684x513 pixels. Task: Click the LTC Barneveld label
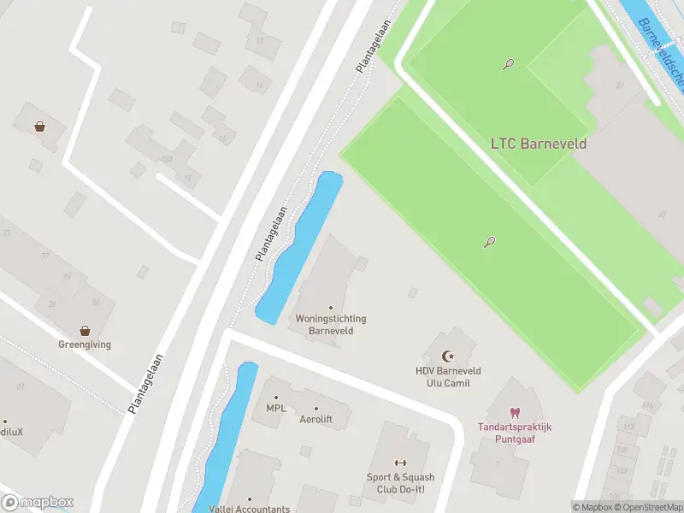point(539,144)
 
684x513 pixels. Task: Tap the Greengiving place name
point(85,345)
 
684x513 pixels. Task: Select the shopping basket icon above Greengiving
point(85,330)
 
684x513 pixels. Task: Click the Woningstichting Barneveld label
point(331,324)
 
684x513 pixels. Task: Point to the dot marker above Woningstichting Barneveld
point(331,308)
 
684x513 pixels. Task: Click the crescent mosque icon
point(445,356)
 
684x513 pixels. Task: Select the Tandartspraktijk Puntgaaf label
point(515,433)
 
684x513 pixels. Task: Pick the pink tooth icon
point(515,413)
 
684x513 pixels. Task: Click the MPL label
point(276,409)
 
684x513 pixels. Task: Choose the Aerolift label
point(315,421)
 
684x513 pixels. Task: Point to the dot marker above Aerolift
point(315,409)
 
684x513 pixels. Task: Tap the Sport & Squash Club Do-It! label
point(401,483)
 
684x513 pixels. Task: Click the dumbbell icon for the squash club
point(399,463)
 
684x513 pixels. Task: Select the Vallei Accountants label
point(250,509)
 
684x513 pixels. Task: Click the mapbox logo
point(38,503)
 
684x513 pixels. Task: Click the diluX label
point(10,432)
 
